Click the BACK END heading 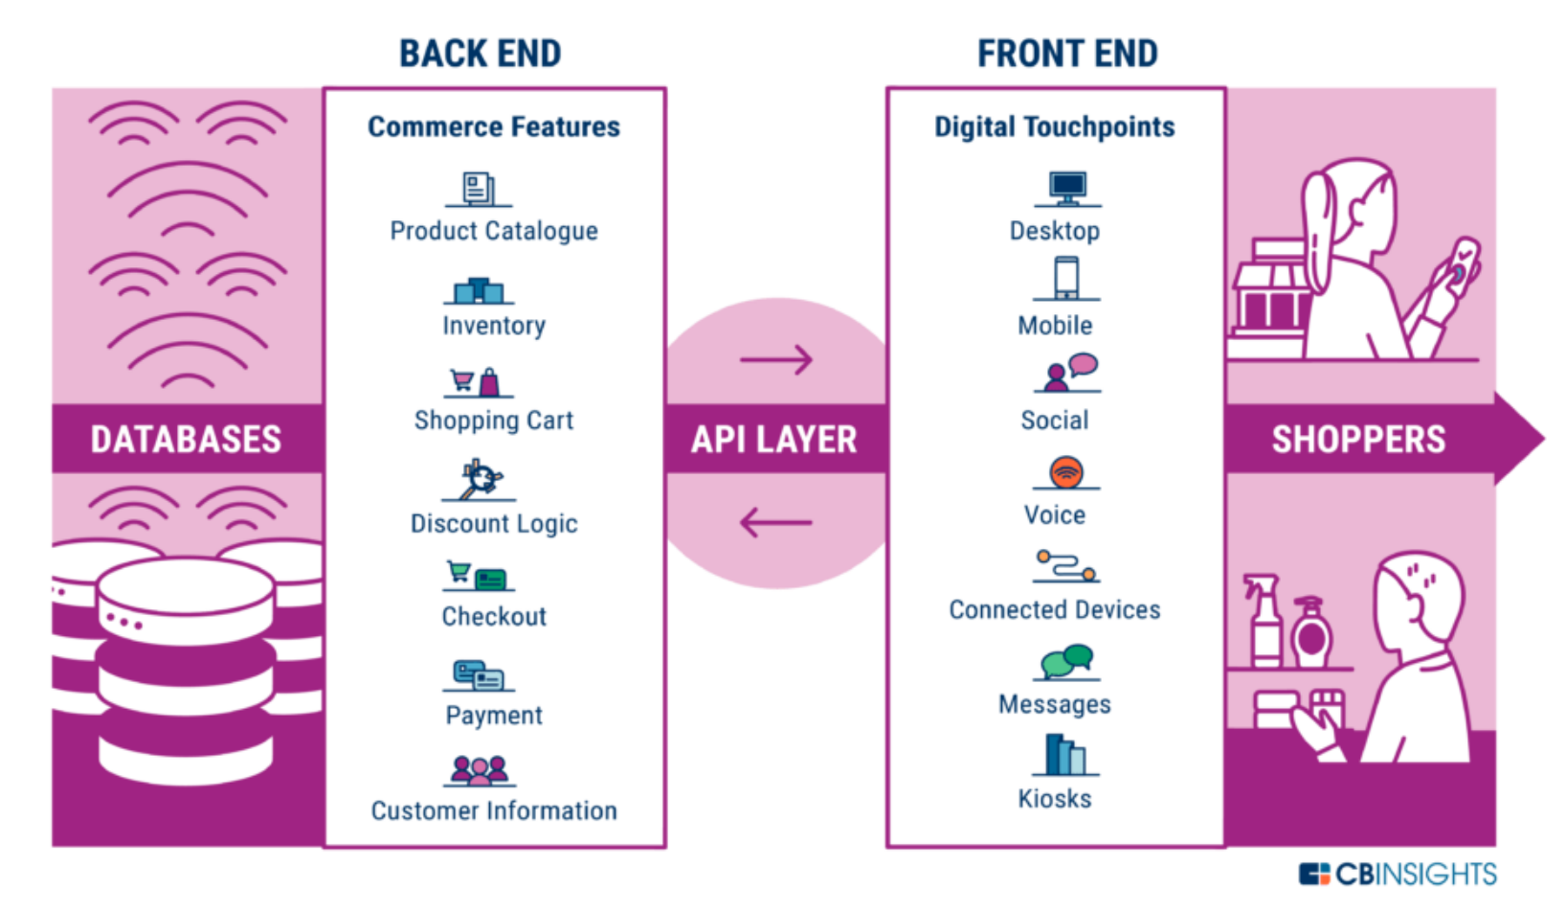click(480, 54)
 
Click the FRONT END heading click(1067, 54)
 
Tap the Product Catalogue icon click(479, 188)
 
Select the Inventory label click(494, 326)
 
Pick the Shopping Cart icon click(478, 382)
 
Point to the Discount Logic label click(494, 524)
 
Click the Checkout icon click(479, 576)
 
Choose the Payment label click(494, 716)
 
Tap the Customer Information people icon click(480, 769)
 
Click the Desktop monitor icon click(1067, 187)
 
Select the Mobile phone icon click(1066, 279)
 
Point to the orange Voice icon click(1066, 472)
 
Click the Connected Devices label click(1055, 610)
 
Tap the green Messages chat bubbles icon click(1067, 661)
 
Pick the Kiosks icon click(1065, 755)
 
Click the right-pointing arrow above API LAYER click(776, 360)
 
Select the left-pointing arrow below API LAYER click(776, 523)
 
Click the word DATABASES click(186, 440)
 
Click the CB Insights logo click(1398, 874)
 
